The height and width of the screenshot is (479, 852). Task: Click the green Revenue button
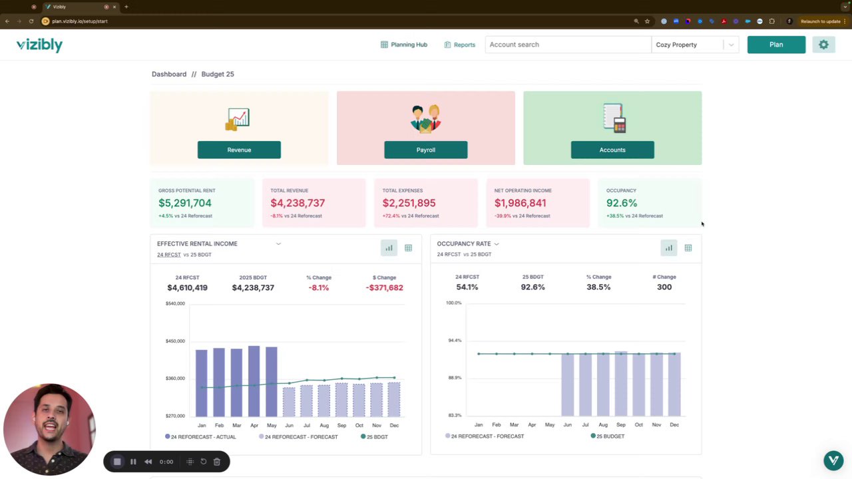[239, 150]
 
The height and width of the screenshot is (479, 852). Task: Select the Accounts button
[612, 150]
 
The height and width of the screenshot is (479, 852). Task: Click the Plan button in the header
[776, 45]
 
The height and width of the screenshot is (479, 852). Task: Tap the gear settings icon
[823, 45]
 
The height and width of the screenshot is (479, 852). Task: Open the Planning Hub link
[404, 45]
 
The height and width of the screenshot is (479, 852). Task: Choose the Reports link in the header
[460, 45]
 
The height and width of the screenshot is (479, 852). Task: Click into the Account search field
[567, 45]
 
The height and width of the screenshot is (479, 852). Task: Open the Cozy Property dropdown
[694, 45]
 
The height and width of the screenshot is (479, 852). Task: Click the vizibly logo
[39, 45]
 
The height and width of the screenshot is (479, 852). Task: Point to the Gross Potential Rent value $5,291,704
[185, 203]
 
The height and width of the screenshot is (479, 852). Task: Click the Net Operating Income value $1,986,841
[520, 203]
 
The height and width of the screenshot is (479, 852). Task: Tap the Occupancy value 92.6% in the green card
[622, 203]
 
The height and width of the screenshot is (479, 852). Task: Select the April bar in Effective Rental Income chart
[254, 381]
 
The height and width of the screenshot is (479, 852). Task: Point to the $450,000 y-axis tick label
[175, 341]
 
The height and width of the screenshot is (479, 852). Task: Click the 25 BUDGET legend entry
[607, 436]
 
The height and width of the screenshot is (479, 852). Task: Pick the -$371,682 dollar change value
[384, 287]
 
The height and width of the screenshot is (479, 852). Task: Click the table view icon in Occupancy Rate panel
[688, 248]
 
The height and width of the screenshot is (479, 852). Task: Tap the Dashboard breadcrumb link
[169, 74]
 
